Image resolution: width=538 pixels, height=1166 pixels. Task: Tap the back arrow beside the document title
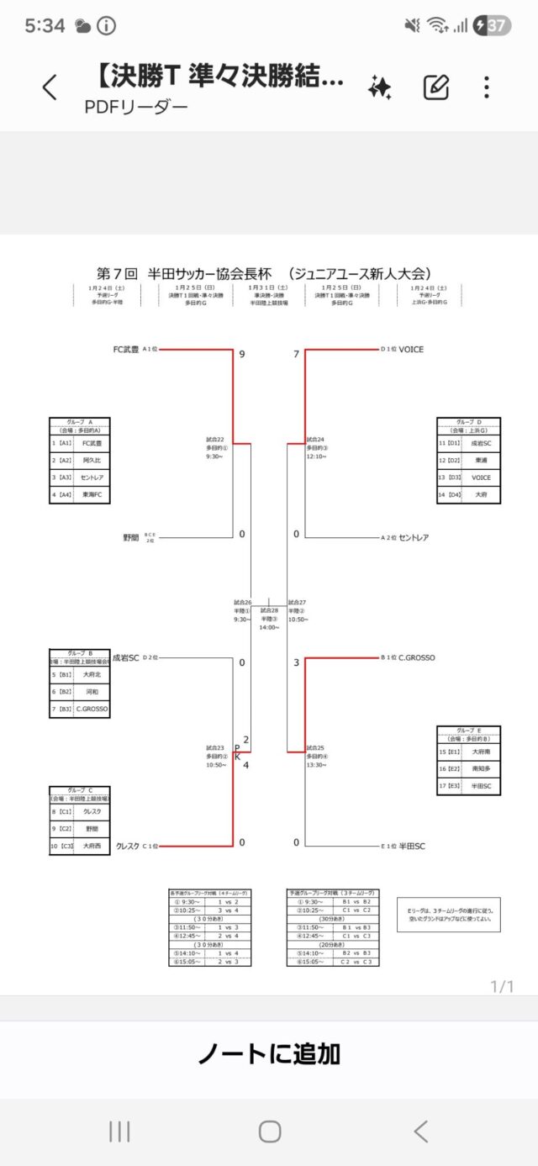pyautogui.click(x=50, y=87)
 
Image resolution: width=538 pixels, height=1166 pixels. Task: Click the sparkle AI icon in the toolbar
pyautogui.click(x=380, y=87)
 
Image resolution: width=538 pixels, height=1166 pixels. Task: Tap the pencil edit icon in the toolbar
pyautogui.click(x=436, y=87)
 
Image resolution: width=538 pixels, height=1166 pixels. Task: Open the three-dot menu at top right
pyautogui.click(x=487, y=87)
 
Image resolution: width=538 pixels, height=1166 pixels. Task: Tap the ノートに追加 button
pyautogui.click(x=269, y=1053)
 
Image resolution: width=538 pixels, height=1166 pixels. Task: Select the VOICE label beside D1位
pyautogui.click(x=411, y=349)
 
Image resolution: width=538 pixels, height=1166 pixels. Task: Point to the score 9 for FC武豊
pyautogui.click(x=242, y=355)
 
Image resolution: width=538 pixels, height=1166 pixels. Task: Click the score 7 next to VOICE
pyautogui.click(x=296, y=355)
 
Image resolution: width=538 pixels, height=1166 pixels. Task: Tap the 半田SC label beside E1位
pyautogui.click(x=412, y=846)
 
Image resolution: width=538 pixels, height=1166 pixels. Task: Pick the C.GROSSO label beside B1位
pyautogui.click(x=417, y=657)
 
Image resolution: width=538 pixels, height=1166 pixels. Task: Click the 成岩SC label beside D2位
pyautogui.click(x=125, y=657)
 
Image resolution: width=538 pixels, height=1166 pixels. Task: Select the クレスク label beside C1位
pyautogui.click(x=127, y=846)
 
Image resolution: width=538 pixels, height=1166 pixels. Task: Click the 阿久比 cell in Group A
pyautogui.click(x=92, y=460)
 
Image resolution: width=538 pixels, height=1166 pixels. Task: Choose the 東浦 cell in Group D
pyautogui.click(x=481, y=460)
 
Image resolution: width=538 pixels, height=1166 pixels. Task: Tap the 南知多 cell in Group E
pyautogui.click(x=481, y=768)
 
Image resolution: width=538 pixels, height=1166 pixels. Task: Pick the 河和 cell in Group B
pyautogui.click(x=92, y=691)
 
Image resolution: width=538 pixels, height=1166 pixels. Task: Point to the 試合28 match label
pyautogui.click(x=268, y=610)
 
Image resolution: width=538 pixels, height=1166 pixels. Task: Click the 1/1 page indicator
pyautogui.click(x=502, y=986)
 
